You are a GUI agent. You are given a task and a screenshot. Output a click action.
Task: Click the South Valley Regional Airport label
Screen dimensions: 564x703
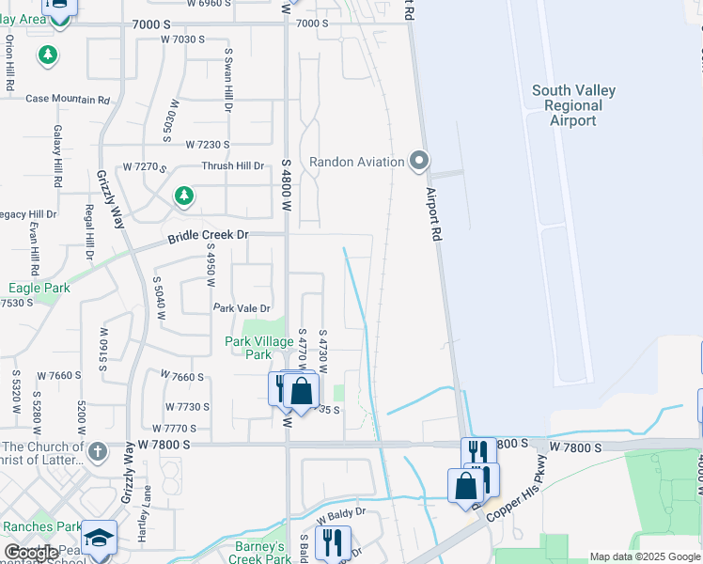coord(573,105)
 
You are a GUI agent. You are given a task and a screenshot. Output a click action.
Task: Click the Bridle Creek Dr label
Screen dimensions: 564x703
coord(208,237)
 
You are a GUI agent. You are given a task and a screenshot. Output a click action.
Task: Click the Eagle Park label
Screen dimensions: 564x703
coord(39,289)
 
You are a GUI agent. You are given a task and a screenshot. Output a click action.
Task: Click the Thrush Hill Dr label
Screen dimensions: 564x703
coord(233,166)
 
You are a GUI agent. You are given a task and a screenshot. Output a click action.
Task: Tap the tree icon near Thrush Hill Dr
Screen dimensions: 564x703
coord(185,196)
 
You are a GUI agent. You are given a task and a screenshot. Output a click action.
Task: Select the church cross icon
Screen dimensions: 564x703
coord(97,452)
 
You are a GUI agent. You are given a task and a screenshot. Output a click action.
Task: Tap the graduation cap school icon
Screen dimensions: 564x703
coord(99,537)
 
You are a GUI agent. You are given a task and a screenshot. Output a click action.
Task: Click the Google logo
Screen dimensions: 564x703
coord(31,553)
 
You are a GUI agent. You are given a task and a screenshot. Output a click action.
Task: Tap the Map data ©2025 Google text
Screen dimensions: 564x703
coord(644,556)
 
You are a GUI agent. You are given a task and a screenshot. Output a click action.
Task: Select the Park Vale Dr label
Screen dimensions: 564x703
coord(242,308)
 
